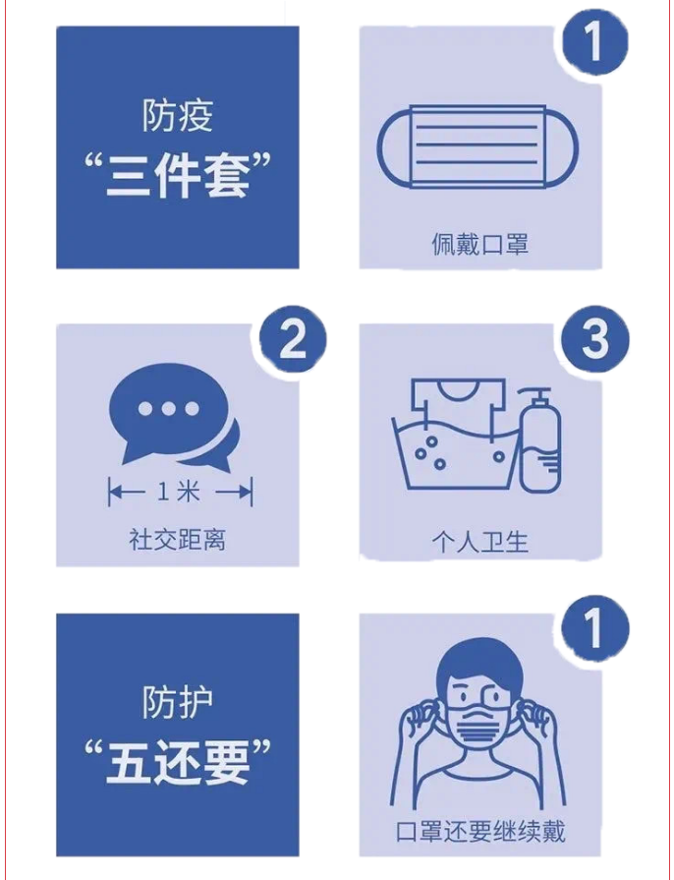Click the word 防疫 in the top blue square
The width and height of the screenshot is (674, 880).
177,116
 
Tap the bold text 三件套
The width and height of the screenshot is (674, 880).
177,177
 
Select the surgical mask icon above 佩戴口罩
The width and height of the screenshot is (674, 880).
477,146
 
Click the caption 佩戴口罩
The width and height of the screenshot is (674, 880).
480,244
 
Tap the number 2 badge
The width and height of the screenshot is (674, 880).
293,339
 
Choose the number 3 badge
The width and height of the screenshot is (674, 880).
595,339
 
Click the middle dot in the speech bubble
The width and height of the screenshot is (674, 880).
169,409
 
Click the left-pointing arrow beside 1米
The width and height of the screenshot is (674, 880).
126,493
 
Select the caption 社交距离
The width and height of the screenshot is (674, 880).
177,540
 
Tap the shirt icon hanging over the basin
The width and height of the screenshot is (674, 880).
458,404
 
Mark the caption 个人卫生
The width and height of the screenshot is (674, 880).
480,542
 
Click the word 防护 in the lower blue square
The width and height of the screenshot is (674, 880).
177,702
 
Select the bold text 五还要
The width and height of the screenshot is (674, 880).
177,764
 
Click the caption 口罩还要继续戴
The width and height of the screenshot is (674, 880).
480,831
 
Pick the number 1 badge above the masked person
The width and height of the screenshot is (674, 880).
595,629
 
